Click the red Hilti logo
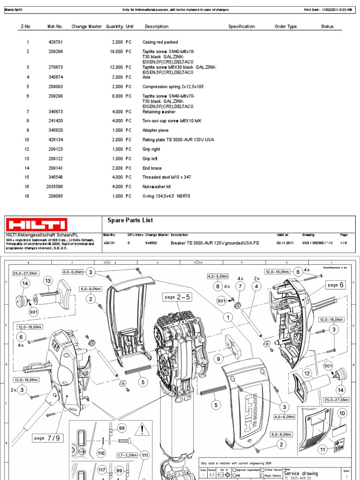coord(37,224)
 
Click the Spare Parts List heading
coord(130,220)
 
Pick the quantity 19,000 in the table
coord(114,52)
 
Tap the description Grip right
coord(151,149)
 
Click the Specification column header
coord(241,27)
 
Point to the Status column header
coord(327,27)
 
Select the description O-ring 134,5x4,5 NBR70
coord(166,196)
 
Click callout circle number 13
coord(47,280)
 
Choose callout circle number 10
coord(342,413)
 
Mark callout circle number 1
coord(228,318)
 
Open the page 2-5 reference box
coord(177,297)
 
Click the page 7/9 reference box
coord(46,438)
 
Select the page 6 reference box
coord(336,285)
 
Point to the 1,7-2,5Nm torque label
coord(127,455)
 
